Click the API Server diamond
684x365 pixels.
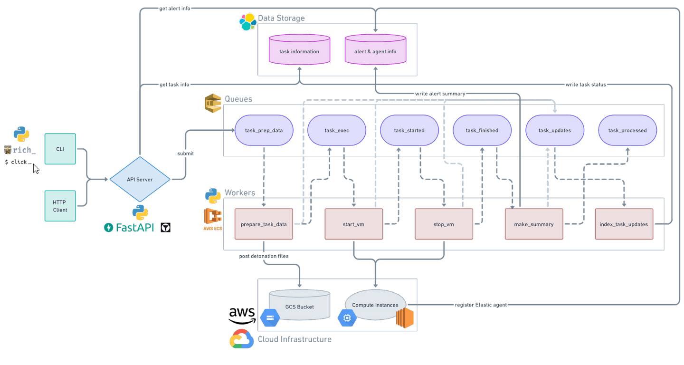pyautogui.click(x=140, y=180)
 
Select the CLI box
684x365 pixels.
pyautogui.click(x=60, y=149)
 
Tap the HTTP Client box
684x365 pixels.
pyautogui.click(x=60, y=206)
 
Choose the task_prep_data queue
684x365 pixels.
pyautogui.click(x=264, y=130)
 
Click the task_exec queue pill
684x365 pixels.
pyautogui.click(x=337, y=130)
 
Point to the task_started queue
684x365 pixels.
pyautogui.click(x=409, y=130)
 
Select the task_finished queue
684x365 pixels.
pyautogui.click(x=482, y=130)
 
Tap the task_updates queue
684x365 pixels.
pyautogui.click(x=555, y=130)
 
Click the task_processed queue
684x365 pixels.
pyautogui.click(x=627, y=130)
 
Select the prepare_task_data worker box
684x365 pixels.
pyautogui.click(x=264, y=224)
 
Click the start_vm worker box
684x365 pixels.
pyautogui.click(x=354, y=224)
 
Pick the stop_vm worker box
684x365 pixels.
pyautogui.click(x=444, y=224)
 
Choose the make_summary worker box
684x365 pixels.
pyautogui.click(x=534, y=224)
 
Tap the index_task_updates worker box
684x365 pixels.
pyautogui.click(x=624, y=224)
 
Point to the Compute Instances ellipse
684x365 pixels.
pyautogui.click(x=375, y=305)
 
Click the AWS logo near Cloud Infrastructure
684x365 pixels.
pyautogui.click(x=242, y=315)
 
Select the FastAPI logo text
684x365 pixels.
pyautogui.click(x=131, y=228)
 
